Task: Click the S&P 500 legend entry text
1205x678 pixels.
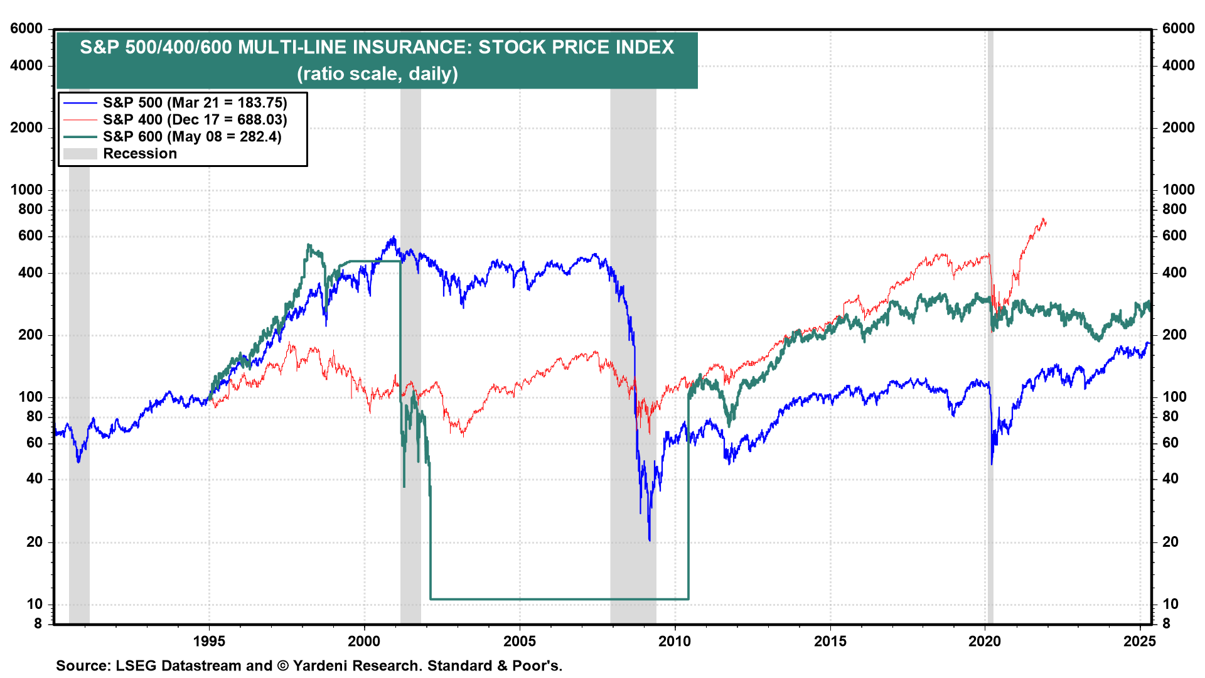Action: click(195, 103)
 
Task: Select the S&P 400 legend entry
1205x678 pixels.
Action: click(195, 120)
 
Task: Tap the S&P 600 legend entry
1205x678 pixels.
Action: click(192, 137)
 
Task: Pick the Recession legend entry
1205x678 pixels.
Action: click(139, 154)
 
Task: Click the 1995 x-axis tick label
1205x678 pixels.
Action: click(209, 641)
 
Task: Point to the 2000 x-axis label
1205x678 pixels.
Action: click(364, 641)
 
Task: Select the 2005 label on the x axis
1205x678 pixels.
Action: click(520, 641)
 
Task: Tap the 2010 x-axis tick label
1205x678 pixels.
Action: click(675, 641)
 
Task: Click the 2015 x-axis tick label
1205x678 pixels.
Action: click(830, 641)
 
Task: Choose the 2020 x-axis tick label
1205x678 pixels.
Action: click(985, 641)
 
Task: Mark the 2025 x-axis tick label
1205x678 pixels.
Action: click(1140, 641)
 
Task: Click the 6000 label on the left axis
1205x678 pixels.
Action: click(26, 29)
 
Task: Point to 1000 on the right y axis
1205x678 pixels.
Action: click(1178, 190)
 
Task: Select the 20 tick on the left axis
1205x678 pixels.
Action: click(35, 542)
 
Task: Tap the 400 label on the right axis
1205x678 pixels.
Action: click(1174, 272)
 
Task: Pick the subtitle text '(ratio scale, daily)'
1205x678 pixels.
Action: click(377, 74)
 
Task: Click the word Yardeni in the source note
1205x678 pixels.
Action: click(324, 665)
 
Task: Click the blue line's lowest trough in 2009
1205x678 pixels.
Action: click(650, 540)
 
